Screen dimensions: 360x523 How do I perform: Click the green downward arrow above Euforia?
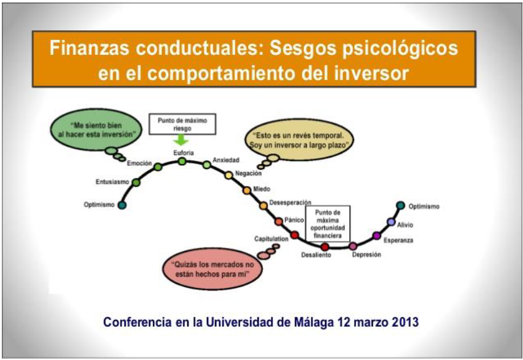click(182, 140)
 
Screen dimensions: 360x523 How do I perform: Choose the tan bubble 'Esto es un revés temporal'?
click(300, 139)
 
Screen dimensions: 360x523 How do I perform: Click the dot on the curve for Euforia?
click(182, 161)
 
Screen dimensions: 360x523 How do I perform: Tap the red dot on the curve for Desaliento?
click(325, 247)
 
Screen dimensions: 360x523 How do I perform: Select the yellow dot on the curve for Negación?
click(229, 175)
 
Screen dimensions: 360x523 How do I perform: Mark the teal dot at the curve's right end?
click(400, 205)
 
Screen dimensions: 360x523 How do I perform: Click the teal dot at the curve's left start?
click(122, 205)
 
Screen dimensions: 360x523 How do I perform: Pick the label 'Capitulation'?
click(272, 239)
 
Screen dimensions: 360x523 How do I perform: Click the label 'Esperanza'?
click(398, 239)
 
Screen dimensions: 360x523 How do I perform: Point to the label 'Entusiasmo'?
click(113, 182)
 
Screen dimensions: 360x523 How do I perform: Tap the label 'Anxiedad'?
click(225, 160)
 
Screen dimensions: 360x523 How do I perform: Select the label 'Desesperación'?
click(290, 202)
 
